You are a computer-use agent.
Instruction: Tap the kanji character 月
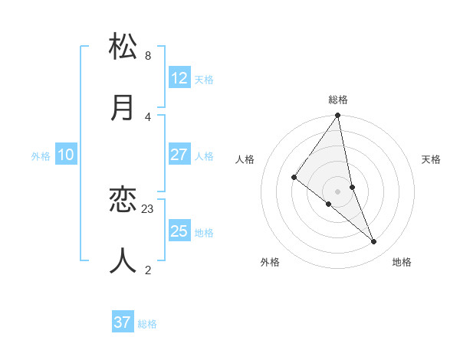tap(123, 107)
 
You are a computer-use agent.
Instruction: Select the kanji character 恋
tap(123, 200)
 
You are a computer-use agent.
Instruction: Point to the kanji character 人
tap(123, 260)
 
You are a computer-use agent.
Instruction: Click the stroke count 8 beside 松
tap(148, 56)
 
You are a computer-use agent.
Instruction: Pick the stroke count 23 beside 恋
tap(148, 208)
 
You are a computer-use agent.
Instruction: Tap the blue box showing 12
tap(179, 78)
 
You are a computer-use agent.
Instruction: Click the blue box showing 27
tap(179, 155)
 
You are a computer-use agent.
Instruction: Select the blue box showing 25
tap(179, 231)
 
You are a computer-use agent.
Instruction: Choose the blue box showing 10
tap(66, 155)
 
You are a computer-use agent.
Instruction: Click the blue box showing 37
tap(123, 322)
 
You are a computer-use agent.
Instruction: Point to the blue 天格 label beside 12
tap(204, 79)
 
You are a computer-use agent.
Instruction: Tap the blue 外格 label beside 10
tap(41, 155)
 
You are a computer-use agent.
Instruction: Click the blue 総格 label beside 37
tap(147, 323)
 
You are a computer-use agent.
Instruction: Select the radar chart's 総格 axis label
tap(338, 100)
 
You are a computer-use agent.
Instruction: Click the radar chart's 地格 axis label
tap(402, 262)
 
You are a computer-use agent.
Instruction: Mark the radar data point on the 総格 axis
tap(338, 116)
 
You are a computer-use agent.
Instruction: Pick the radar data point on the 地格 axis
tap(374, 241)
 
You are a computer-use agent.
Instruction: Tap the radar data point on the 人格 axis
tap(294, 178)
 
